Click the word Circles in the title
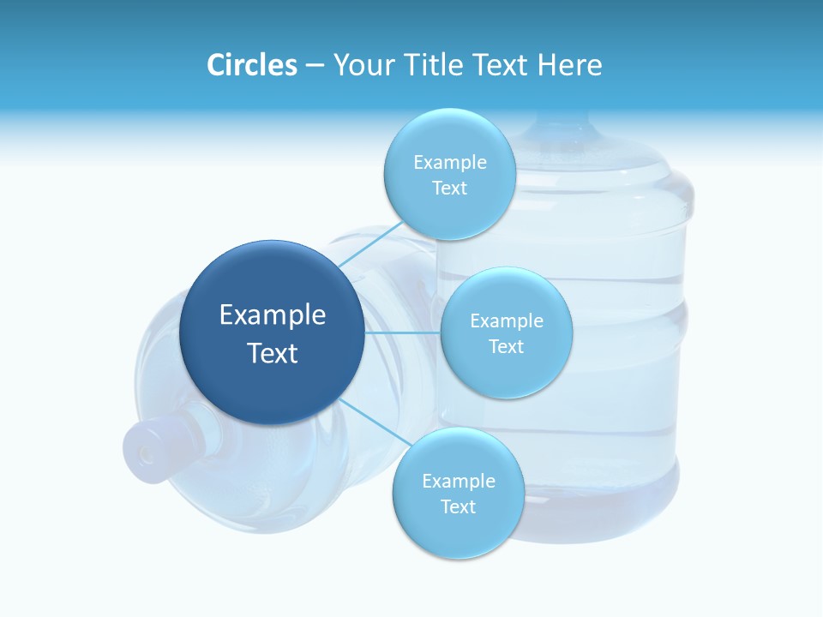252,65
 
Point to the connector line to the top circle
370,243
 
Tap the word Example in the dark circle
273,315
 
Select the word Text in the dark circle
273,353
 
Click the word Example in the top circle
450,163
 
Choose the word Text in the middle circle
506,347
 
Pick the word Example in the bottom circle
459,482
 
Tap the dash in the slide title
315,66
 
